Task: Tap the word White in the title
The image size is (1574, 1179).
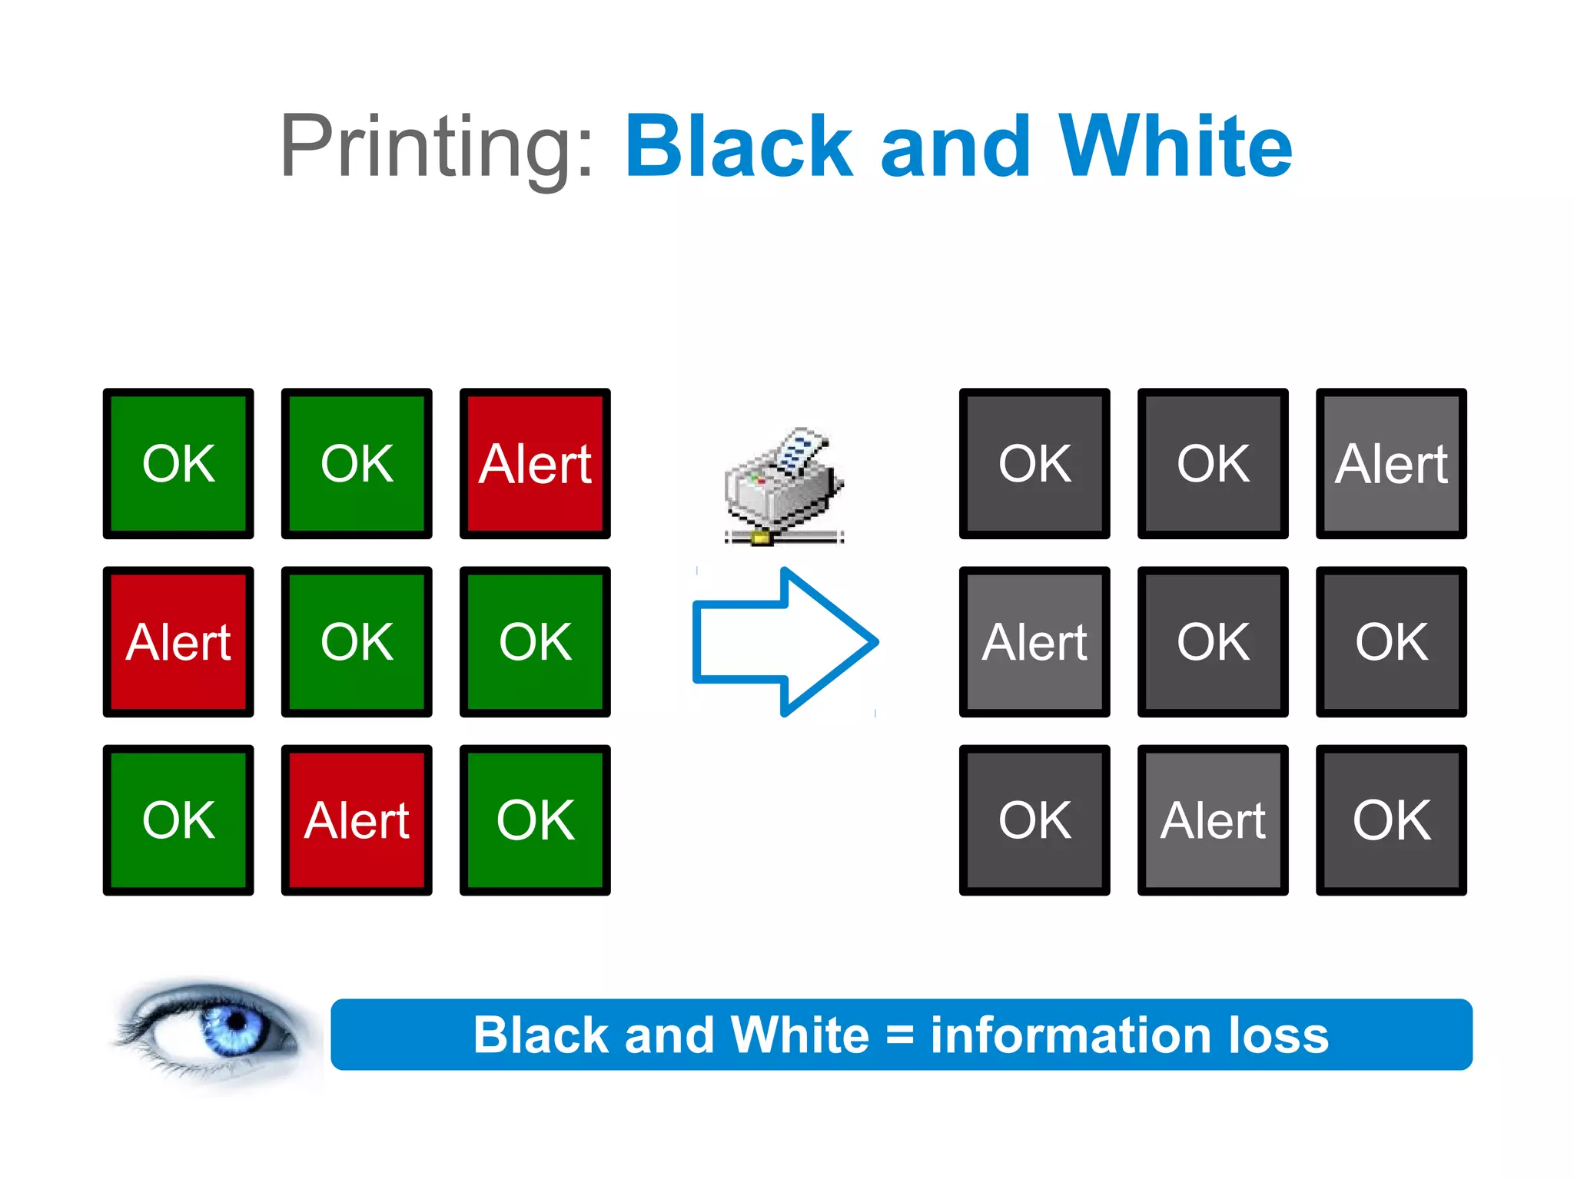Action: click(x=1175, y=146)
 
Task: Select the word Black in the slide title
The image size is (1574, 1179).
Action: click(x=739, y=146)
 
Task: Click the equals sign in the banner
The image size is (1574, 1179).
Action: click(x=899, y=1035)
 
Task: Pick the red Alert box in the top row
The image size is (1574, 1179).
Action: click(x=535, y=464)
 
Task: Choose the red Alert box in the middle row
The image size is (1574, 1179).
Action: click(x=178, y=642)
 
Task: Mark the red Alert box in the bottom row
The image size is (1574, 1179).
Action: click(x=357, y=820)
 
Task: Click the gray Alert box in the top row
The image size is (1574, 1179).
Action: click(x=1391, y=464)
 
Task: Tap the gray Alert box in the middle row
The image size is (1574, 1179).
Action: click(x=1034, y=642)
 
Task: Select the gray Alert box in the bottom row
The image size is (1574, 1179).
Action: click(x=1213, y=820)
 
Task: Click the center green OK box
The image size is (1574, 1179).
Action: click(x=357, y=642)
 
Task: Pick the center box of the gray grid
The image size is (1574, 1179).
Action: click(x=1213, y=642)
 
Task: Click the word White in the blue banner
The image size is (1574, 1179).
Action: click(x=799, y=1035)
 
